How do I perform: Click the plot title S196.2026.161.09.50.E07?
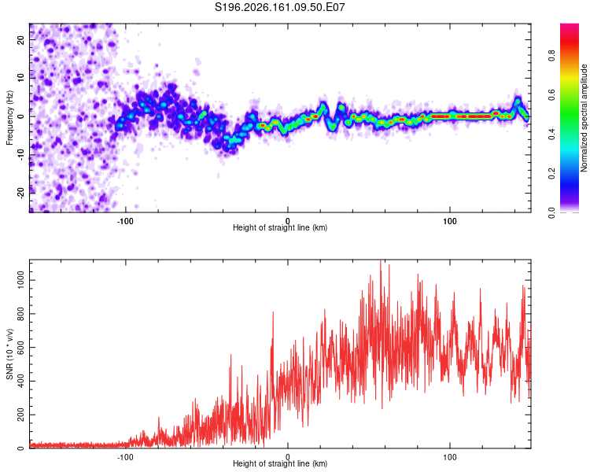(279, 7)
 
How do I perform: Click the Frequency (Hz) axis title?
(9, 118)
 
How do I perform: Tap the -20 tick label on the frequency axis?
(20, 193)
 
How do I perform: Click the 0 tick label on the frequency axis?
(20, 116)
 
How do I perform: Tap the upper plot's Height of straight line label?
(280, 227)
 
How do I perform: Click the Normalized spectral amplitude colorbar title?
(584, 118)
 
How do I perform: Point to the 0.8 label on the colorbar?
(551, 56)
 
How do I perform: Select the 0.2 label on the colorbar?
(551, 173)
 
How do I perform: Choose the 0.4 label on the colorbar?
(551, 134)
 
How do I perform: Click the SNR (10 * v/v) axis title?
(9, 354)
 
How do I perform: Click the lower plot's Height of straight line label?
(280, 463)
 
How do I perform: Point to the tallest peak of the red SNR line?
(381, 260)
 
